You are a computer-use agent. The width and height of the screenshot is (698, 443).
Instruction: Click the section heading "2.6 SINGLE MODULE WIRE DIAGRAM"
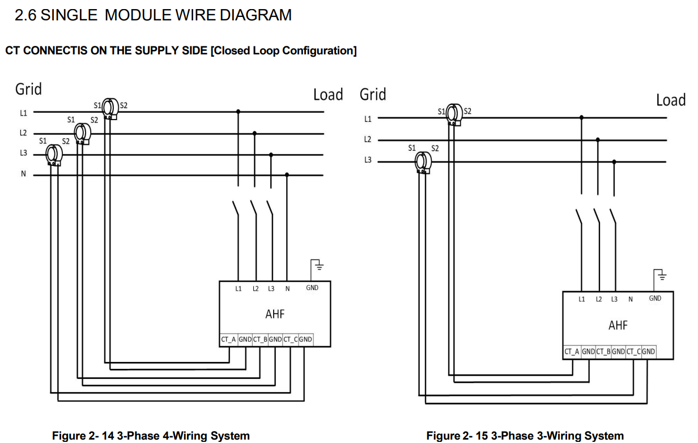pyautogui.click(x=153, y=15)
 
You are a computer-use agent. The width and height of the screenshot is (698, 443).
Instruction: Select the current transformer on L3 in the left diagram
pyautogui.click(x=54, y=154)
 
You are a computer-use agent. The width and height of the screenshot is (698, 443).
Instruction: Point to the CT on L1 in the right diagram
pyautogui.click(x=453, y=114)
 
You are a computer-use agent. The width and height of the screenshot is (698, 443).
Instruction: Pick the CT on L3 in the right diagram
pyautogui.click(x=421, y=161)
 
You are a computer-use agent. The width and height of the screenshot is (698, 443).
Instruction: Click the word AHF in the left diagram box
pyautogui.click(x=275, y=313)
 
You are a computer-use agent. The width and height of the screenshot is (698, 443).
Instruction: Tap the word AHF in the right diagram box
pyautogui.click(x=618, y=325)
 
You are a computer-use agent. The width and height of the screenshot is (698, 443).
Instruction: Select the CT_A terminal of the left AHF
pyautogui.click(x=228, y=340)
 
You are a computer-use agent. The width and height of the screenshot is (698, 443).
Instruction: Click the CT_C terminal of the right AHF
pyautogui.click(x=634, y=352)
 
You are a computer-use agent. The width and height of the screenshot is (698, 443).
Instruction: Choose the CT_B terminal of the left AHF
pyautogui.click(x=260, y=340)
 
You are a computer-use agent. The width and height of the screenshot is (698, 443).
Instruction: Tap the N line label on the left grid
pyautogui.click(x=23, y=174)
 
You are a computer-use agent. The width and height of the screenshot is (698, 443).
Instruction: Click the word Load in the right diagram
pyautogui.click(x=671, y=100)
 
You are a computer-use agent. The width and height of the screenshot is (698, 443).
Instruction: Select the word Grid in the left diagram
pyautogui.click(x=28, y=89)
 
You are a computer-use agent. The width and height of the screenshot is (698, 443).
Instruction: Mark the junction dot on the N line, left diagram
pyautogui.click(x=287, y=175)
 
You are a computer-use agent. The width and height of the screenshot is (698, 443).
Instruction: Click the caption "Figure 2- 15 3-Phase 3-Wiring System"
pyautogui.click(x=525, y=436)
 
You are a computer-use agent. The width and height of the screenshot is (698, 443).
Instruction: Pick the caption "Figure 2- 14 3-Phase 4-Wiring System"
pyautogui.click(x=151, y=436)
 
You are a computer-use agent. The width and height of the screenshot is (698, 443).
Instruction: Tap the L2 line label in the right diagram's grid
pyautogui.click(x=368, y=139)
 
